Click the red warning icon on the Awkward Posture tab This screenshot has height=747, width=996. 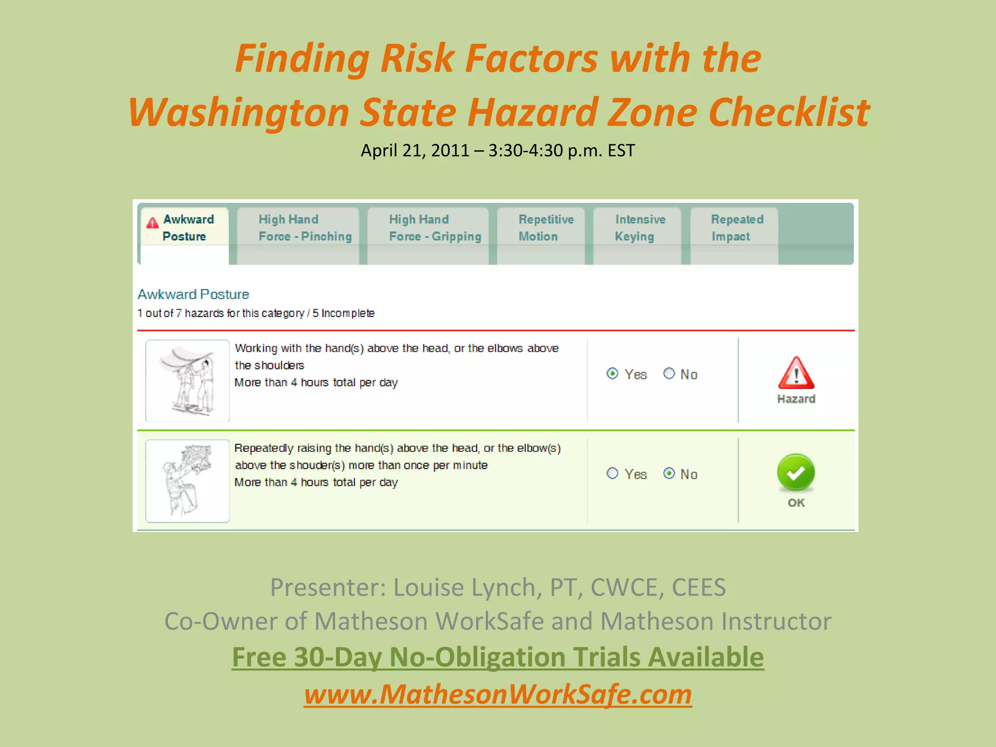click(x=152, y=223)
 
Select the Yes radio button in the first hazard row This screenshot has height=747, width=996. click(x=612, y=373)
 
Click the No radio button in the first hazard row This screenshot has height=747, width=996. click(x=669, y=373)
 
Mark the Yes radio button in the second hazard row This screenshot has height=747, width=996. click(x=612, y=473)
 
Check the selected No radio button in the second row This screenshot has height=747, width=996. click(x=669, y=473)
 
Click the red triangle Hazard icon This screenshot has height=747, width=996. click(x=796, y=373)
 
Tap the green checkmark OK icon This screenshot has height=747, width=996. click(x=796, y=472)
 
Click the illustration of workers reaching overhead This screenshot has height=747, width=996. click(x=187, y=380)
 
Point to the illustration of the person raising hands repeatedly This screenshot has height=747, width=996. click(x=187, y=480)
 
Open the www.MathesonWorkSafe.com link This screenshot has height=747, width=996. click(x=498, y=694)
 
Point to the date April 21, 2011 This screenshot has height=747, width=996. click(x=415, y=151)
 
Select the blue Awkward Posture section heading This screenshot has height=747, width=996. click(x=193, y=294)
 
